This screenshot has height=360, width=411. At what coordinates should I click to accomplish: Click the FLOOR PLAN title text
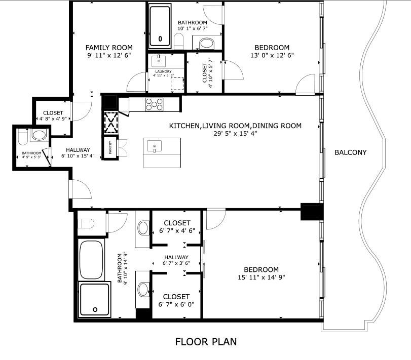tap(206, 342)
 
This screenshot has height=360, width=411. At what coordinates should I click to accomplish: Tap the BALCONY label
tap(350, 152)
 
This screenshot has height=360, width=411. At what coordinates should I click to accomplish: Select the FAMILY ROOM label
tap(109, 48)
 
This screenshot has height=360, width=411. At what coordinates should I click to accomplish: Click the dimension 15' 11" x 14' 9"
tap(261, 278)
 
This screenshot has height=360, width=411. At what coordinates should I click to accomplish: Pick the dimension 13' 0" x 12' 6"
tap(273, 55)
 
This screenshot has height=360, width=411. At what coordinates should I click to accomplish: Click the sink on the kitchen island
tap(154, 147)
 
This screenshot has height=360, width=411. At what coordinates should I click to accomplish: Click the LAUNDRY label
tap(163, 71)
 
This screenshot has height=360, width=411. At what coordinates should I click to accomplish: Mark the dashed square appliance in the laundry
tap(177, 84)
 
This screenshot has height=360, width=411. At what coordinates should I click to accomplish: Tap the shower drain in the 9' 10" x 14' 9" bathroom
tap(94, 309)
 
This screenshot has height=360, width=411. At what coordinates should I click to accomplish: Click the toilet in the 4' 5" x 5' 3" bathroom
tap(21, 137)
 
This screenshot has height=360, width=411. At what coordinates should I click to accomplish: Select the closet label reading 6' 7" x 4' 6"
tap(177, 231)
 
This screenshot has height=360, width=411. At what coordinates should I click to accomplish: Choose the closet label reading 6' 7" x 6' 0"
tap(177, 304)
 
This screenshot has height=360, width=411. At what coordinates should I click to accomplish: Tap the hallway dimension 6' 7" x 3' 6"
tap(176, 263)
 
